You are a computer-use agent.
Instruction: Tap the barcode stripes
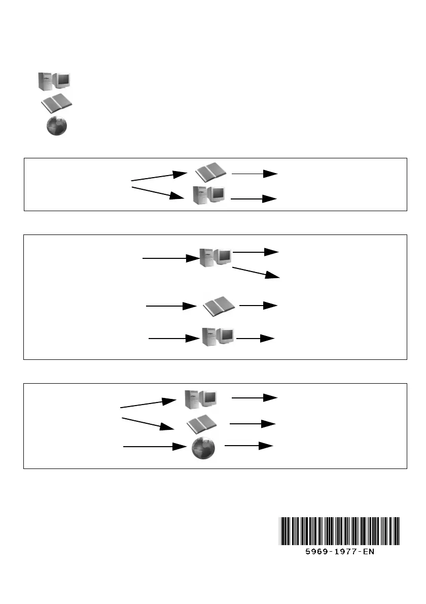(x=339, y=530)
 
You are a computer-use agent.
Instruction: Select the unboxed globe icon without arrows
(x=56, y=126)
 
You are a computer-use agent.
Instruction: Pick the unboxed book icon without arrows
(x=56, y=104)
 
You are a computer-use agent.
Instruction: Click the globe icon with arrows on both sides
(x=203, y=448)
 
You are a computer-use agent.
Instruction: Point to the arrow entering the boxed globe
(x=155, y=447)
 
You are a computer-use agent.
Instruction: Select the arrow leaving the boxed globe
(x=248, y=446)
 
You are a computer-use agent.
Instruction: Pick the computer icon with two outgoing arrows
(x=215, y=258)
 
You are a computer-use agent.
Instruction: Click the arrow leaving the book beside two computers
(x=259, y=306)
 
